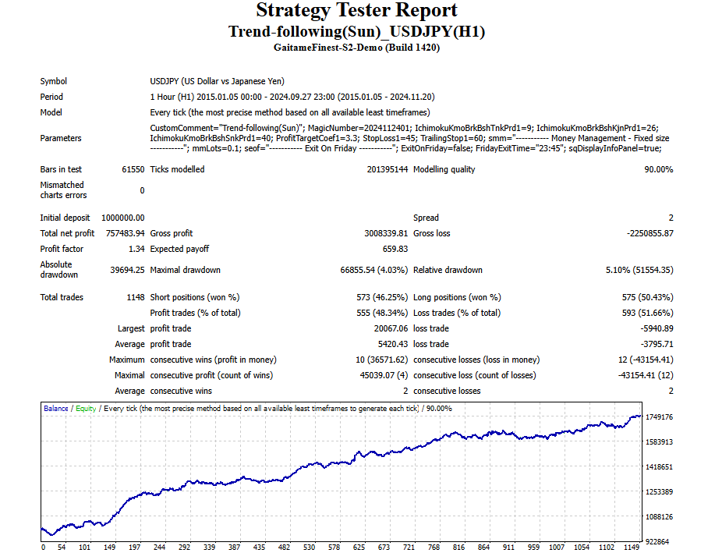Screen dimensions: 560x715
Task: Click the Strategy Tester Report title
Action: pyautogui.click(x=357, y=11)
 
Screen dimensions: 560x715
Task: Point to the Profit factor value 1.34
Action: pyautogui.click(x=136, y=249)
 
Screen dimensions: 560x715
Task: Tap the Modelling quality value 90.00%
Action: pyautogui.click(x=659, y=169)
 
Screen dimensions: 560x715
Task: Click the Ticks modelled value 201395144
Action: pyautogui.click(x=388, y=169)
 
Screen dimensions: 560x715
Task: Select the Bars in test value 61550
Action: pyautogui.click(x=133, y=169)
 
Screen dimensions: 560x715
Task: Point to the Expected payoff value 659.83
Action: pyautogui.click(x=394, y=249)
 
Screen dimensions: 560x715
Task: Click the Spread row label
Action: pyautogui.click(x=426, y=218)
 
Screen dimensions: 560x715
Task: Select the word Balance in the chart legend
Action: pyautogui.click(x=56, y=409)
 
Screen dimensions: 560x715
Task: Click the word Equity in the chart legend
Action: pyautogui.click(x=86, y=409)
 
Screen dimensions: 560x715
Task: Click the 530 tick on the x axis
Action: pyautogui.click(x=310, y=548)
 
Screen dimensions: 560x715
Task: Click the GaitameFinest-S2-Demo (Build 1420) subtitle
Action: pyautogui.click(x=357, y=48)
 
